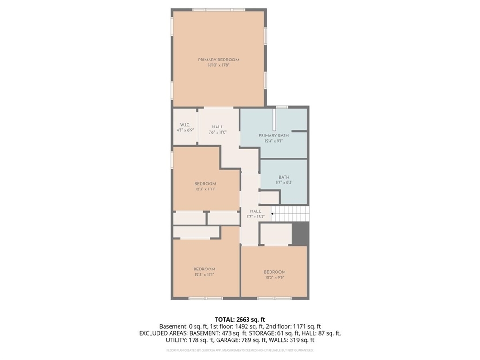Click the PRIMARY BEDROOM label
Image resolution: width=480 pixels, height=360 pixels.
pyautogui.click(x=218, y=60)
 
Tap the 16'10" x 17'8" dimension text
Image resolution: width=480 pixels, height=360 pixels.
pyautogui.click(x=218, y=65)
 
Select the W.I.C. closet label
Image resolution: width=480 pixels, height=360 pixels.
pyautogui.click(x=185, y=125)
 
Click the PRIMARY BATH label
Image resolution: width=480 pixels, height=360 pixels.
pyautogui.click(x=274, y=135)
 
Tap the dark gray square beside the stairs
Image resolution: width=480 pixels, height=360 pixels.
pyautogui.click(x=300, y=233)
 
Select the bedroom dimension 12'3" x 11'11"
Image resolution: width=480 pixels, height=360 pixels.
pyautogui.click(x=205, y=189)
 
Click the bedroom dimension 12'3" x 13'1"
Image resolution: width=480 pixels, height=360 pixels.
pyautogui.click(x=204, y=274)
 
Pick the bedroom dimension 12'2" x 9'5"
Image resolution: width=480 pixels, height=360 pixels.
pyautogui.click(x=274, y=277)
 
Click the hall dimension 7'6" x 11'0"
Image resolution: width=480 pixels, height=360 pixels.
pyautogui.click(x=217, y=132)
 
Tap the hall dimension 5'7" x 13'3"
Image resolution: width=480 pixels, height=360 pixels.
pyautogui.click(x=255, y=217)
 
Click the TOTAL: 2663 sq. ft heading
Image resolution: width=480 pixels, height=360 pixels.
pyautogui.click(x=240, y=319)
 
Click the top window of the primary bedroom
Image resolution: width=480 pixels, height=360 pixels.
pyautogui.click(x=218, y=10)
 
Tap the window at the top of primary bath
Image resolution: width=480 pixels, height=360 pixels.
pyautogui.click(x=282, y=107)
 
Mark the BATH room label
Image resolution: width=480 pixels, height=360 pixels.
pyautogui.click(x=284, y=177)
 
